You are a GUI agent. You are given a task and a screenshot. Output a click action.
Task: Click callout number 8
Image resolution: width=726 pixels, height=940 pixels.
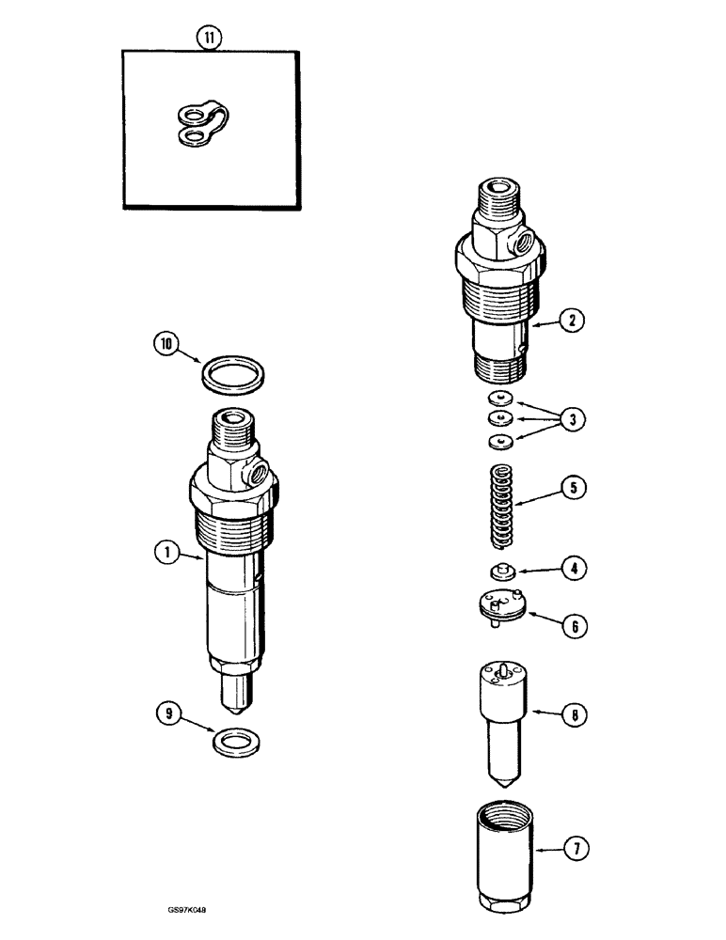(571, 716)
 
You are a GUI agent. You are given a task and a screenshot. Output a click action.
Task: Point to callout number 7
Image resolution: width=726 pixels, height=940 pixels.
(571, 849)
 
